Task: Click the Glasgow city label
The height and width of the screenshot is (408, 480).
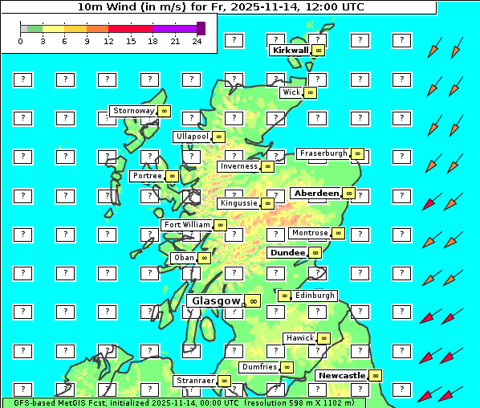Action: click(216, 301)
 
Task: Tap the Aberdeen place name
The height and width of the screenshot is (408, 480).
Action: click(316, 194)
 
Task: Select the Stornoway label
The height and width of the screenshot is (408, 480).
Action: click(133, 111)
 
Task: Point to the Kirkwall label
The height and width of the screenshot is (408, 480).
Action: click(290, 50)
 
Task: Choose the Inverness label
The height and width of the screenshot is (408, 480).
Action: click(238, 166)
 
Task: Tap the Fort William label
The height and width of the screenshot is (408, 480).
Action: click(187, 225)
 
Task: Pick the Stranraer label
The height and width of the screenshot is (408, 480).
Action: click(195, 381)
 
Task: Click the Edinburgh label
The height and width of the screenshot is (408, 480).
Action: click(314, 296)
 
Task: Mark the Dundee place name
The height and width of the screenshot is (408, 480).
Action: click(287, 252)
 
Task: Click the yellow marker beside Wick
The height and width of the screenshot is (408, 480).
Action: click(311, 92)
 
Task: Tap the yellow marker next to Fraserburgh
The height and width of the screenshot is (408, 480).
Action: click(358, 153)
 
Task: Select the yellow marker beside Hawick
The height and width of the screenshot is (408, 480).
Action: click(323, 338)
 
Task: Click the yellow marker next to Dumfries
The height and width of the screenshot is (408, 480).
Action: click(287, 367)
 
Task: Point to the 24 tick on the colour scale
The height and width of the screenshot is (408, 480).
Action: click(197, 41)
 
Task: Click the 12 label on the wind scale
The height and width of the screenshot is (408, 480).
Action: click(108, 41)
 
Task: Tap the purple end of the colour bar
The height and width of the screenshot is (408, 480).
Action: click(201, 28)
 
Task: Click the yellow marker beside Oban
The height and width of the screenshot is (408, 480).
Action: click(205, 258)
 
